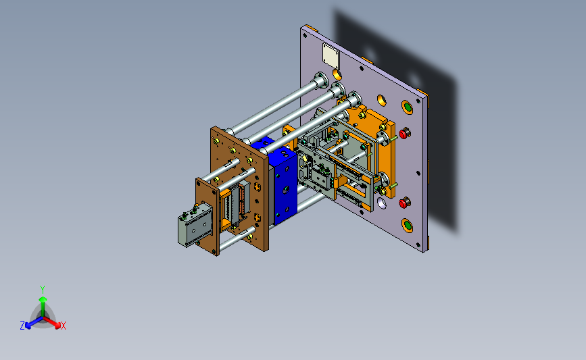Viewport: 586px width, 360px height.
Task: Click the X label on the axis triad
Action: pos(63,326)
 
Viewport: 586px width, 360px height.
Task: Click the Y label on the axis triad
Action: pos(43,290)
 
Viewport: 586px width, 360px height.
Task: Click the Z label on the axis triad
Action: pos(22,326)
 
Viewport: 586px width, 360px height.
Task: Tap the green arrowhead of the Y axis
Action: pos(43,300)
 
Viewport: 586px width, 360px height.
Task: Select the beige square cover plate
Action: pos(331,55)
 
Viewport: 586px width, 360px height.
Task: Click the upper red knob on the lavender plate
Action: pos(404,133)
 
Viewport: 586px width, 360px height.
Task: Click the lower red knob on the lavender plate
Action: pos(404,203)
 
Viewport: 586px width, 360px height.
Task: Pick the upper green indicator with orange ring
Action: pos(408,107)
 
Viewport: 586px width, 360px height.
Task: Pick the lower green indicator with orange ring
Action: pos(408,225)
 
